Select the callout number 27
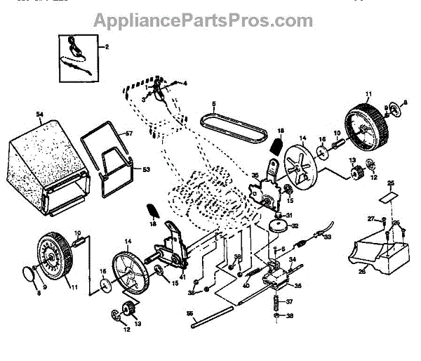point(372,221)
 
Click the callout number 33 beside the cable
point(326,238)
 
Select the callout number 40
point(246,285)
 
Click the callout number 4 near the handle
point(185,84)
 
